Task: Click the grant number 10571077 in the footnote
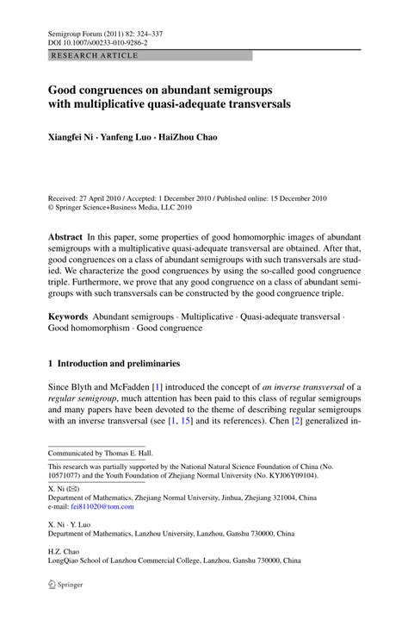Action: click(65, 475)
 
